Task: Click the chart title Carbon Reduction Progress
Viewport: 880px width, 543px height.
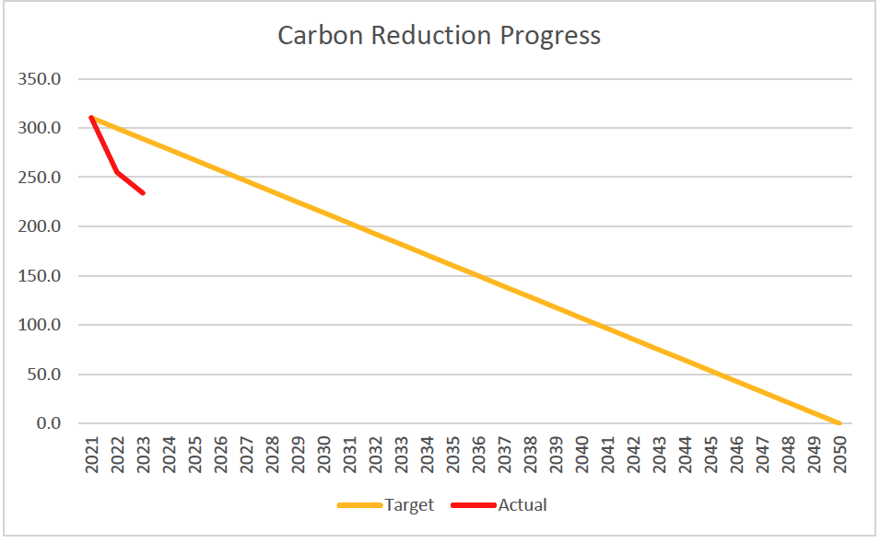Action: point(439,36)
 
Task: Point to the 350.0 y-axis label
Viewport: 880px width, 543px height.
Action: point(40,79)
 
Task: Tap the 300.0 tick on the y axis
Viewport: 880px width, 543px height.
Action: point(40,128)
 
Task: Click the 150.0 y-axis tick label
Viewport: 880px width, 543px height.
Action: point(40,276)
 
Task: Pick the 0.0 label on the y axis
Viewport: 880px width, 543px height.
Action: point(46,423)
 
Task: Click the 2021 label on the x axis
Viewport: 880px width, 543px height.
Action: point(91,453)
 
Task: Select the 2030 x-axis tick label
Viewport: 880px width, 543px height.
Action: point(323,453)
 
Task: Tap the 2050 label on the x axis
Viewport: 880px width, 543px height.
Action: point(839,453)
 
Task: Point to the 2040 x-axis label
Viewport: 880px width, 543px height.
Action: point(581,453)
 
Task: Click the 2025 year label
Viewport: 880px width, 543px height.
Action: point(194,453)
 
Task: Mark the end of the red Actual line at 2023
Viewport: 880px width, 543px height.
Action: point(143,192)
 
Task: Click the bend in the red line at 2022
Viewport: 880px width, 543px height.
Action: point(117,172)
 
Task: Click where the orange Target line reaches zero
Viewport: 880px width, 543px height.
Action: point(839,423)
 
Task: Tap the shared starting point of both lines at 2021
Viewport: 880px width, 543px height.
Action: point(91,118)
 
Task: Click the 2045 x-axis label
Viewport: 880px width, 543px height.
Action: point(710,453)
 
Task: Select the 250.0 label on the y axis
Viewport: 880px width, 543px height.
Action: point(40,178)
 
